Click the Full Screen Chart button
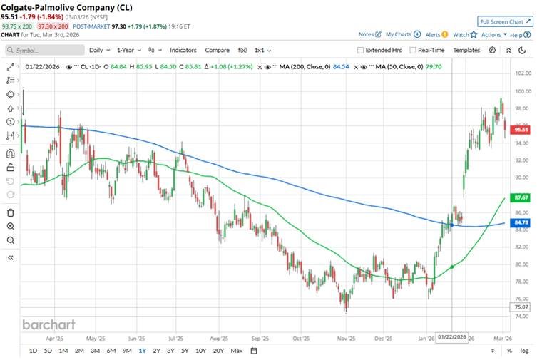click(x=505, y=21)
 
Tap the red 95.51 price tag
click(x=523, y=130)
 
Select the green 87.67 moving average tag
click(x=523, y=197)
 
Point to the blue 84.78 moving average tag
click(x=523, y=222)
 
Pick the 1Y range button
click(x=143, y=351)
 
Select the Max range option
click(x=237, y=351)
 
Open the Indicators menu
click(x=183, y=50)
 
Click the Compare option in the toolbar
click(x=217, y=50)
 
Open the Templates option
click(x=466, y=50)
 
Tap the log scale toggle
click(x=525, y=351)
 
